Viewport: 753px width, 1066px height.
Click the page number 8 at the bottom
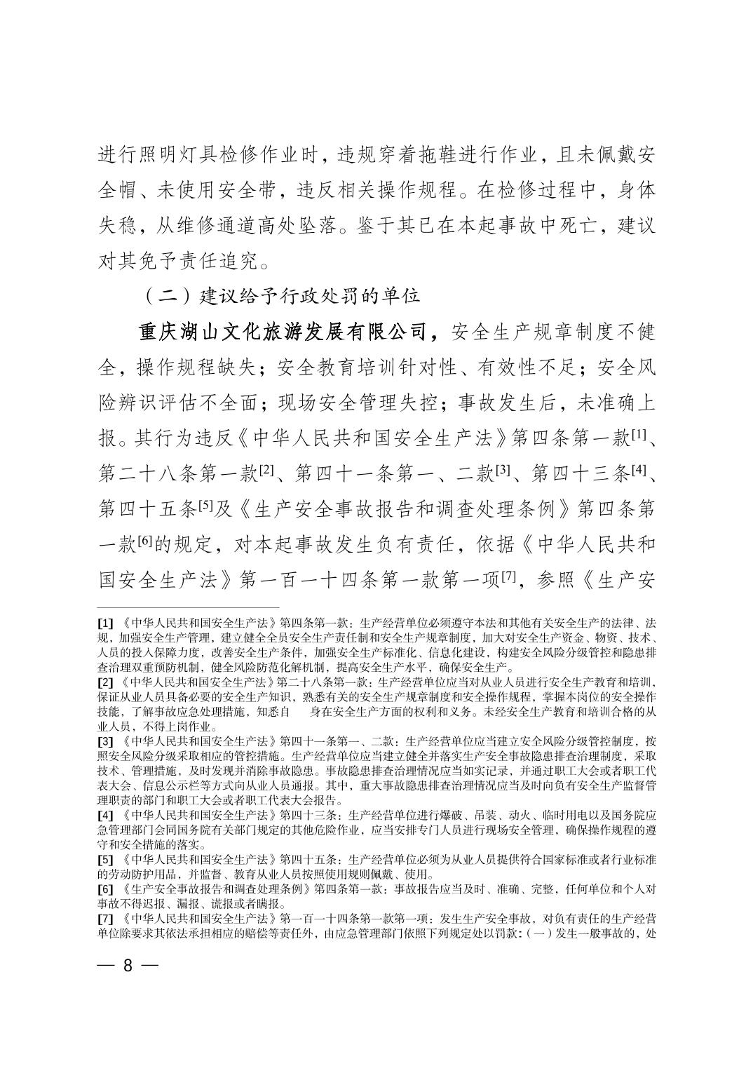pos(128,965)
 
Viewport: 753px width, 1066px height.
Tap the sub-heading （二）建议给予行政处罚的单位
pos(282,295)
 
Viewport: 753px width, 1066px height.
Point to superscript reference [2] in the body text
pos(266,471)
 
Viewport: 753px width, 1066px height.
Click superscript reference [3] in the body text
pos(501,471)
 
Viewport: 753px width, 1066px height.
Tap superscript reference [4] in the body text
pos(637,471)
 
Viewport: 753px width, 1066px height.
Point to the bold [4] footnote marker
pos(105,816)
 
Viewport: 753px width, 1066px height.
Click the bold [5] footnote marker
pos(105,859)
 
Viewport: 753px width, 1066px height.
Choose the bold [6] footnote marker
pos(105,889)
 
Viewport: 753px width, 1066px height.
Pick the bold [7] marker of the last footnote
pos(105,918)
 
